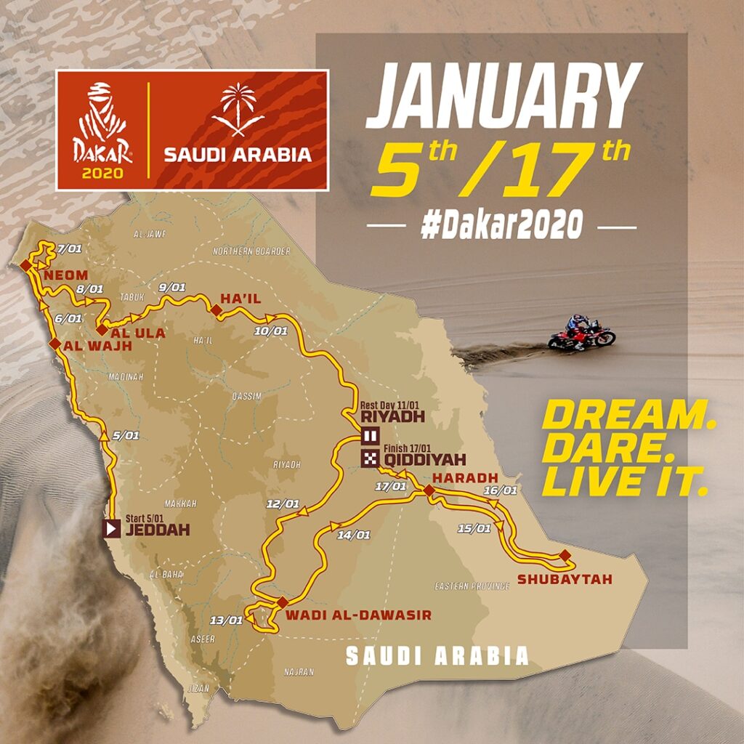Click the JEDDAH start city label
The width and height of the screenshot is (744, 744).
157,530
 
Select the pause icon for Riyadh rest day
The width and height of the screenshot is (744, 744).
370,436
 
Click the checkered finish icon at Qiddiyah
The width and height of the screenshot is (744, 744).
370,458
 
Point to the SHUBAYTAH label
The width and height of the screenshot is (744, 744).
565,579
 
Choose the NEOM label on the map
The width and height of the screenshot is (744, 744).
65,276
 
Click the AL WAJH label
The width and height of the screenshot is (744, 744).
98,347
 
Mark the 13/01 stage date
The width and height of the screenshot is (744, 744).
225,620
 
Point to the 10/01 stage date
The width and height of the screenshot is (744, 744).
270,331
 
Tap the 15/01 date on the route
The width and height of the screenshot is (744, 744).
474,528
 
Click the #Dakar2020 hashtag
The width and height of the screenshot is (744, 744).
502,226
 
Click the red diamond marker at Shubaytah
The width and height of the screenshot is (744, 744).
565,556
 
